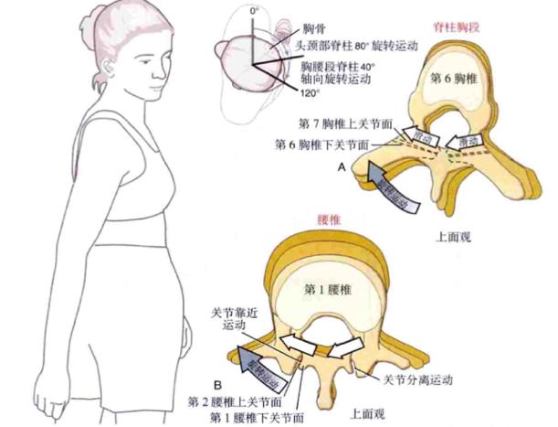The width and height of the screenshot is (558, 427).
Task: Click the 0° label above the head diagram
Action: [254, 12]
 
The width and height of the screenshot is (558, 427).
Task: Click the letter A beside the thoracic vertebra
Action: [340, 167]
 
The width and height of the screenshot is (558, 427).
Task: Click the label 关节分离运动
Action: [423, 376]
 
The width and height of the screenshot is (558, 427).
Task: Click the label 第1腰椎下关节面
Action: [256, 416]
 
